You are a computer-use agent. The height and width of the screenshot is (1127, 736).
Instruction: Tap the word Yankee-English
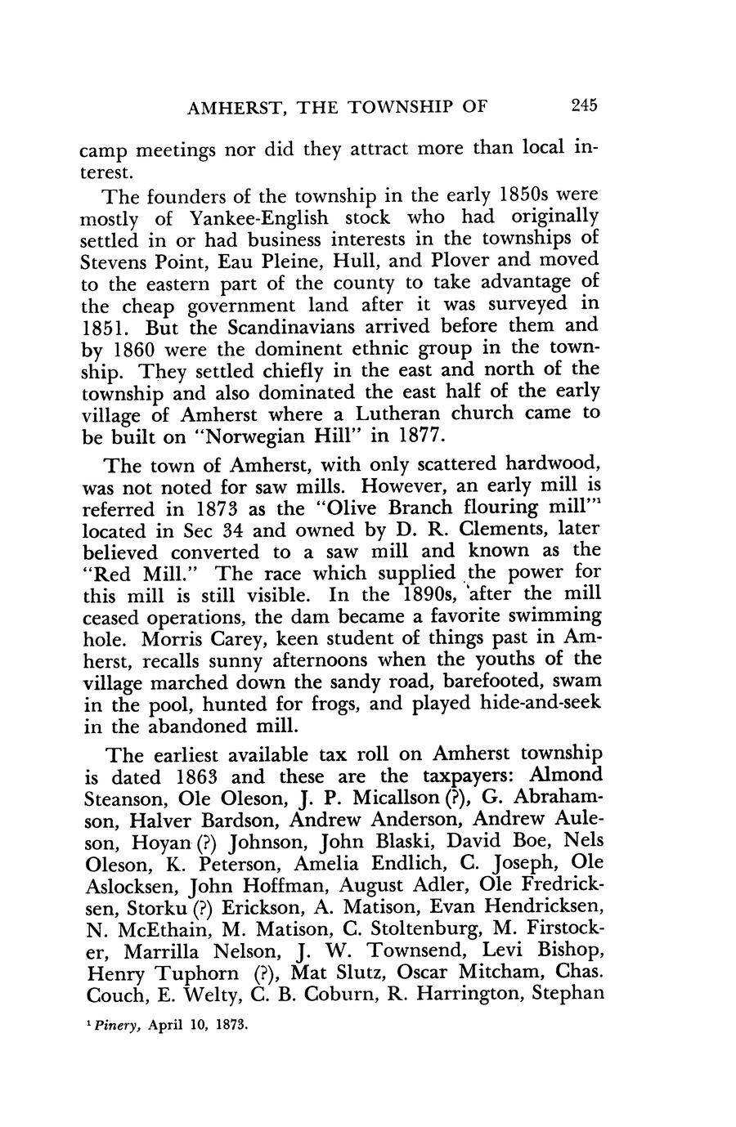(x=259, y=218)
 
